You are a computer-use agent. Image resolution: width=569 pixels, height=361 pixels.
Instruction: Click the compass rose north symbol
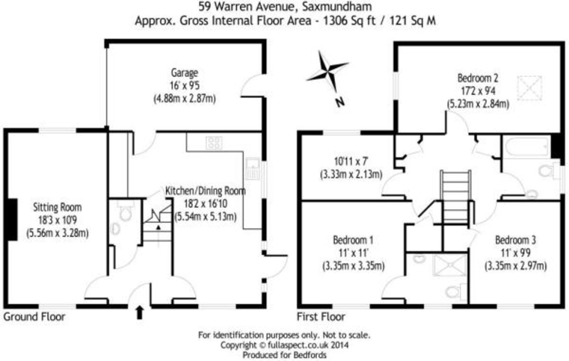click(327, 72)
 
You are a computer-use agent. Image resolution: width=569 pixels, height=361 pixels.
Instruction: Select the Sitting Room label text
click(57, 207)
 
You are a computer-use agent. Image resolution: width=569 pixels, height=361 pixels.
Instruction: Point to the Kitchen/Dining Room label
click(205, 191)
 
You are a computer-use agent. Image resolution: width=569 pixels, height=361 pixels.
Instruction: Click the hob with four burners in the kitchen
click(214, 143)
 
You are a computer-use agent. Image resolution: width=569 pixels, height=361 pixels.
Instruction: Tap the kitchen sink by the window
click(251, 169)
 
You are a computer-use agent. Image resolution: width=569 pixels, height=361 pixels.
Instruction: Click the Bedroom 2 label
click(477, 77)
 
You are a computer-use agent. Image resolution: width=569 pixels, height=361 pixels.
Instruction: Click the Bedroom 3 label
click(515, 239)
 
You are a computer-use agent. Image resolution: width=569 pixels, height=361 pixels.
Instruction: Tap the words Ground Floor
click(34, 317)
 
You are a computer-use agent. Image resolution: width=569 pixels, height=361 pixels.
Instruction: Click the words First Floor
click(321, 317)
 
